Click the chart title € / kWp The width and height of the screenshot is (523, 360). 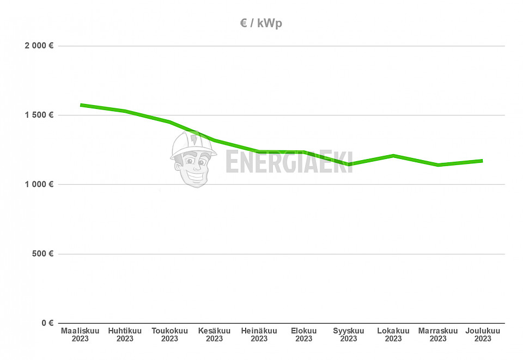261,23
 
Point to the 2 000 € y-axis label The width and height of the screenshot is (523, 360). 39,46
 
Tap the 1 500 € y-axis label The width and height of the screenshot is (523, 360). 39,115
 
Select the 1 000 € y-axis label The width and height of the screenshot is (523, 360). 39,185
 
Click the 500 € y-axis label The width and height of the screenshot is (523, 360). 42,254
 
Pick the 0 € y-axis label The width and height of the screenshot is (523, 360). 47,323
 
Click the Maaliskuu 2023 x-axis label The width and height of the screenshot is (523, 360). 80,335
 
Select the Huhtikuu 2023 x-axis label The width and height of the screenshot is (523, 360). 125,335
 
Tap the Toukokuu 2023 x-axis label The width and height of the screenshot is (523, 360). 169,335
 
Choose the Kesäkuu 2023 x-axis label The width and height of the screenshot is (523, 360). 214,335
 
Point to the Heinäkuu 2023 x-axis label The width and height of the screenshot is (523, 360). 259,335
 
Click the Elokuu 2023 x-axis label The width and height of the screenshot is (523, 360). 303,335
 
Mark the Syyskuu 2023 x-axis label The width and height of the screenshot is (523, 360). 349,335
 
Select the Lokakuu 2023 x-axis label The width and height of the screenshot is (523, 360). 393,335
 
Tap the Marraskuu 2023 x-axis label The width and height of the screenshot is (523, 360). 438,335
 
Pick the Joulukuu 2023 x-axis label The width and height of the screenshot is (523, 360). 483,335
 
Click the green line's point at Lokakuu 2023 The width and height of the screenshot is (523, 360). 393,156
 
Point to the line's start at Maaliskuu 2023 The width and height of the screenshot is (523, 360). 81,105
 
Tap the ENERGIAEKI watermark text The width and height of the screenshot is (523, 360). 289,162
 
